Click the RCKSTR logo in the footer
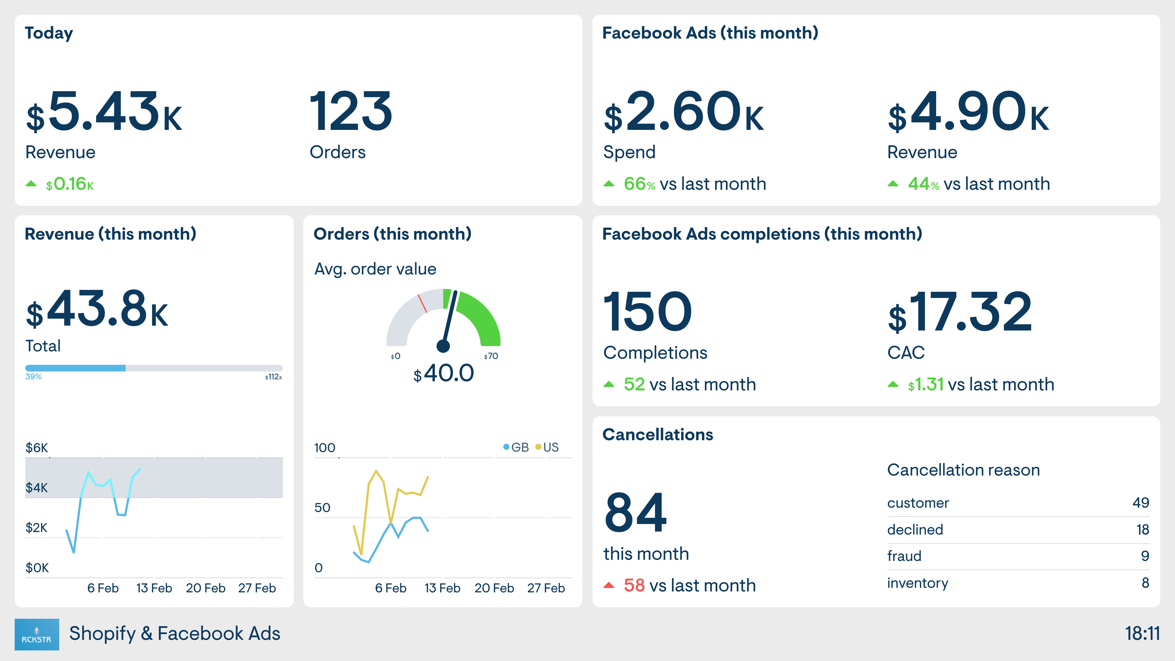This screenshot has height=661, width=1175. coord(36,634)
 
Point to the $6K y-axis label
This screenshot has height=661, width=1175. coord(36,448)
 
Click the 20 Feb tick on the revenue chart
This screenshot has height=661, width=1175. coord(205,588)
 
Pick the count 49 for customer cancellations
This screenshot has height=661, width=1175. coord(1140,503)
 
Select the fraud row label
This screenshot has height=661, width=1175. coord(904,556)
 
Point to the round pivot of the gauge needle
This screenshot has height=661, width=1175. coord(443,346)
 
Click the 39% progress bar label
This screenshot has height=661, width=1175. coord(33,377)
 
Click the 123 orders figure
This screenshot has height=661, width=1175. coord(350,111)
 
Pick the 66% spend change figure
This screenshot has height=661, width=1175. coord(639,184)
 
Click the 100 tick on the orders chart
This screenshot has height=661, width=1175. coord(324,448)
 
